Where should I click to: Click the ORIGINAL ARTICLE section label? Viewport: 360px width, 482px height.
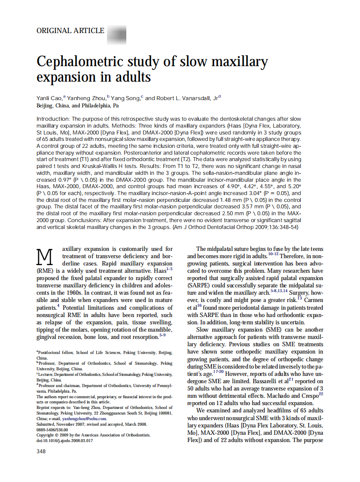[70, 31]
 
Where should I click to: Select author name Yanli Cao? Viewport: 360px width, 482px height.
[49, 98]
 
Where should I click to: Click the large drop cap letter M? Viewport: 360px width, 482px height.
[45, 257]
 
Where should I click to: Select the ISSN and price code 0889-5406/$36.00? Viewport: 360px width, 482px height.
[52, 429]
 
